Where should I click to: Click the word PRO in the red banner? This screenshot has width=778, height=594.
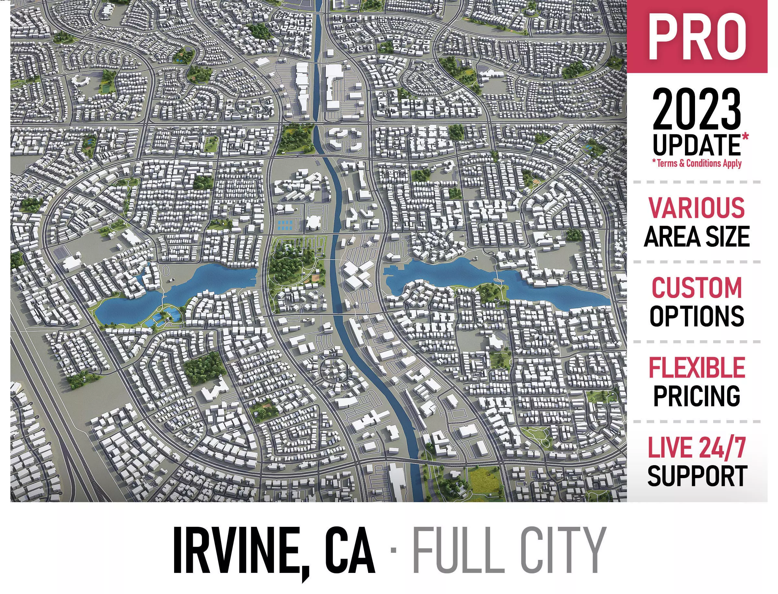coord(697,37)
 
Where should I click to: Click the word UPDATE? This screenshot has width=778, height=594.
coord(696,145)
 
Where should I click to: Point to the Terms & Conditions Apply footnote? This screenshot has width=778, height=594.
coord(696,163)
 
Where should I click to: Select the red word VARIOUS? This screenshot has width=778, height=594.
coord(696,208)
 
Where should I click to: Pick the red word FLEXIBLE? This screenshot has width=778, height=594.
coord(696,368)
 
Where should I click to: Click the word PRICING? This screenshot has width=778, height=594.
coord(696,396)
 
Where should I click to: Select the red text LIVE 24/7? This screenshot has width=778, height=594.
coord(696,448)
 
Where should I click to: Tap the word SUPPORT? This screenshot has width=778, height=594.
coord(696,476)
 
